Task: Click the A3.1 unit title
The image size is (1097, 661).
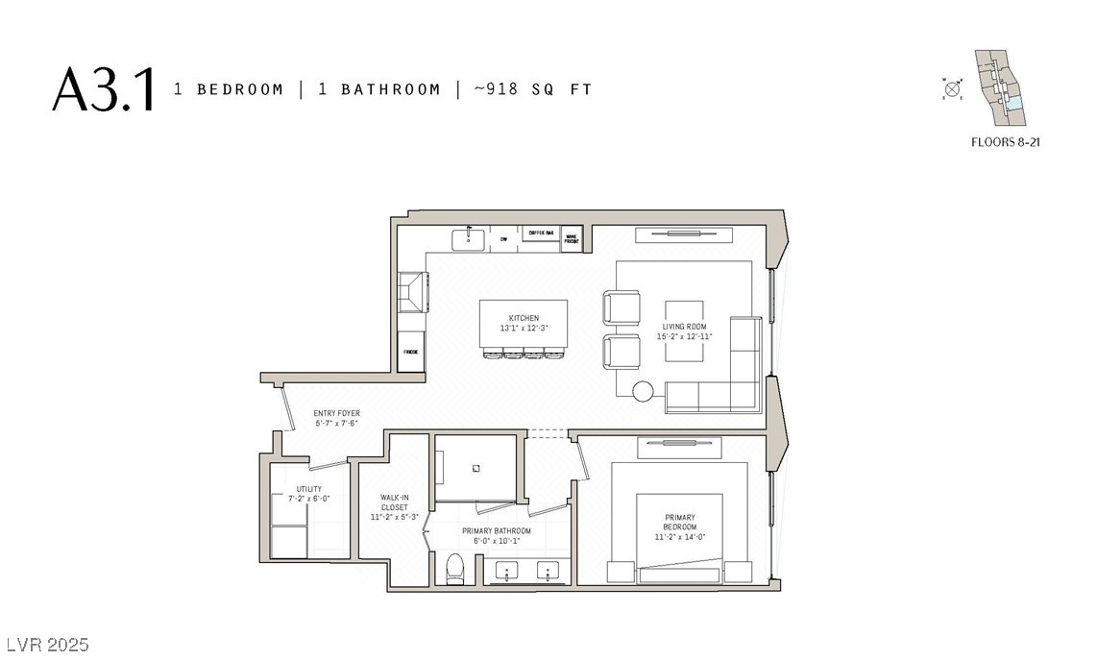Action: (x=103, y=89)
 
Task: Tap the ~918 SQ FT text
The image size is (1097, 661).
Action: (x=533, y=89)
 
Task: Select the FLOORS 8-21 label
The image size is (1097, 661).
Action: (x=1007, y=141)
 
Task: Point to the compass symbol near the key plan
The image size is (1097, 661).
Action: (x=953, y=89)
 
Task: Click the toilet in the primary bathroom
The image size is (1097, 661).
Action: (x=455, y=569)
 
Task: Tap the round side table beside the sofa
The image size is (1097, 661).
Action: (x=643, y=391)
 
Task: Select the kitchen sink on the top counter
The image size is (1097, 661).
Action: (x=470, y=236)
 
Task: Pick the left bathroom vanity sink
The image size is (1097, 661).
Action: (x=506, y=573)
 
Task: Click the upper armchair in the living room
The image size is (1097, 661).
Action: (x=621, y=308)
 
